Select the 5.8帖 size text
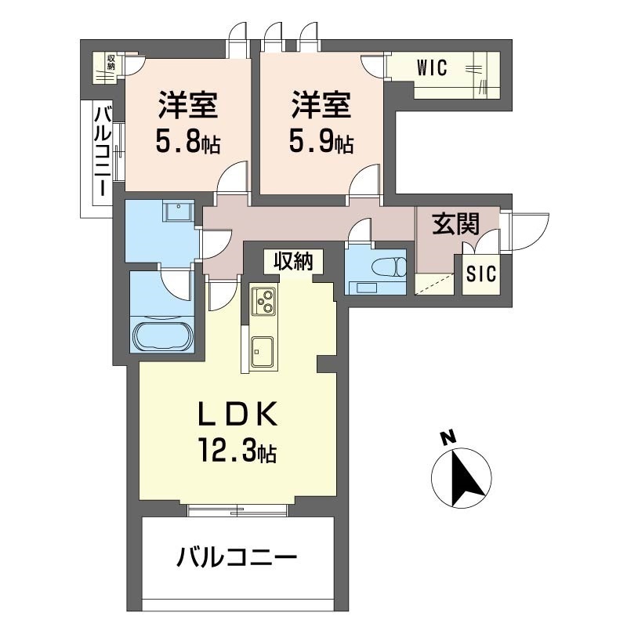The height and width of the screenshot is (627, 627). [x=188, y=143]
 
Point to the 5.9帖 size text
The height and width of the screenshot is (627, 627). [x=321, y=143]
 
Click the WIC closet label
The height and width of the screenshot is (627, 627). [x=432, y=68]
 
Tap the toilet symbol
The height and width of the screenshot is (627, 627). [x=390, y=266]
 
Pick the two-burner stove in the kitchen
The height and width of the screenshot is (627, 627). [x=263, y=301]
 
